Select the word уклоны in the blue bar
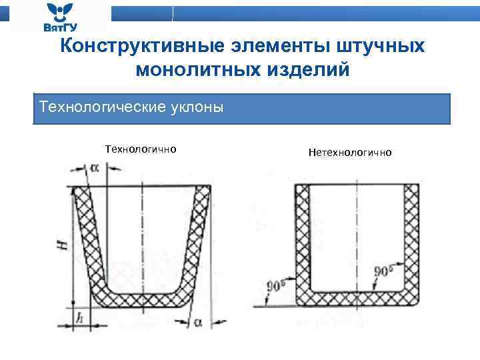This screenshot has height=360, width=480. [x=199, y=107]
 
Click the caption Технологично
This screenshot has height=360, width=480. [x=141, y=149]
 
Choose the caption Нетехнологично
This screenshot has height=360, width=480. [x=351, y=153]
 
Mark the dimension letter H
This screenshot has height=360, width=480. [x=62, y=245]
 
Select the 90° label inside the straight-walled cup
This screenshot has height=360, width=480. [x=383, y=272]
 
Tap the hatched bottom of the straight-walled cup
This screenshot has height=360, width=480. [x=357, y=300]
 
